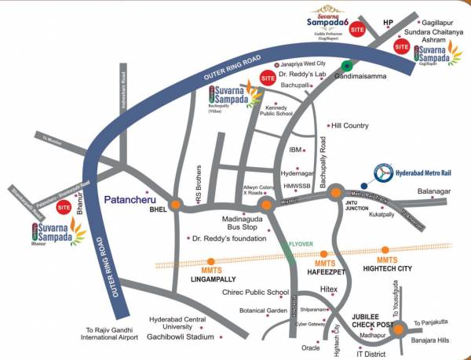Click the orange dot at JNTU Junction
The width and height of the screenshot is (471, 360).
[x=336, y=193]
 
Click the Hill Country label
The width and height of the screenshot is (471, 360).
[x=349, y=125]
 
